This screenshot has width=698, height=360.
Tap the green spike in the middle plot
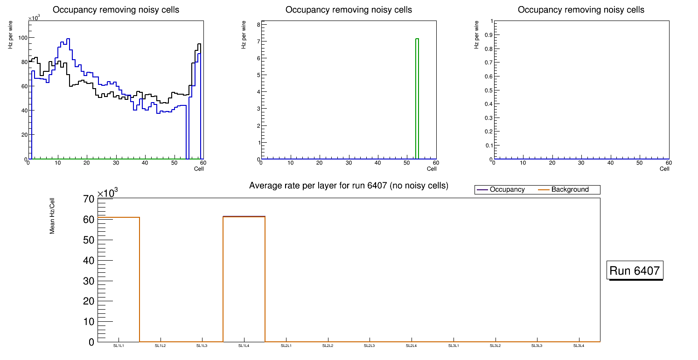pos(417,98)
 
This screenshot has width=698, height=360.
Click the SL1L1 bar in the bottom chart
pos(119,280)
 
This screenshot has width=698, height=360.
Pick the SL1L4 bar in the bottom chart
pos(244,280)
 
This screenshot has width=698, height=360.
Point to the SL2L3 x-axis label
pos(370,346)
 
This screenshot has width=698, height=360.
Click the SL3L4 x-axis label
pos(579,346)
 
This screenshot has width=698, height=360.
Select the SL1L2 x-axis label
pos(160,346)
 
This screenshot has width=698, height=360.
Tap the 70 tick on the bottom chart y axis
pos(89,199)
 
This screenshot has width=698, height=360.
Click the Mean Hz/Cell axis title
pos(52,215)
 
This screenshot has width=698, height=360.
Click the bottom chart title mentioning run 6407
pos(349,186)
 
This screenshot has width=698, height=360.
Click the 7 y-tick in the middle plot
pos(257,42)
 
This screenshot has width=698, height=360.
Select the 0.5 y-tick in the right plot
pos(488,90)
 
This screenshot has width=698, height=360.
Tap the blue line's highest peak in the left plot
pos(68,39)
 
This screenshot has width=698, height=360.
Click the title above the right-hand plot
pos(581,10)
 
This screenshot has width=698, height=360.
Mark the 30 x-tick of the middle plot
pos(349,163)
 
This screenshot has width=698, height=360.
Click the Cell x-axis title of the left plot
pos(199,169)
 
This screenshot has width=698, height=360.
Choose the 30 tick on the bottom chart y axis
pos(89,281)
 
